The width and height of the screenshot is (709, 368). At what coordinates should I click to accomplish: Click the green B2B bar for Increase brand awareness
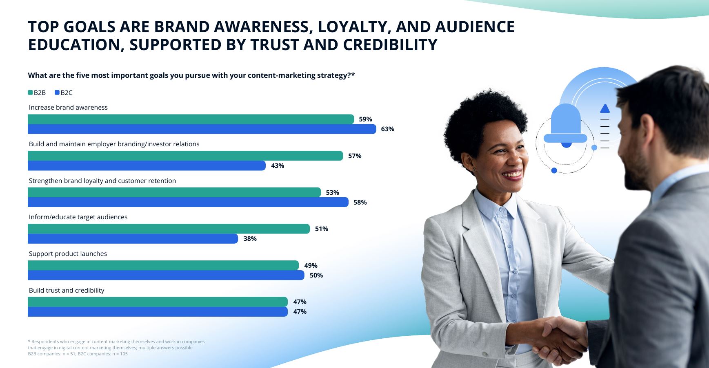pos(191,119)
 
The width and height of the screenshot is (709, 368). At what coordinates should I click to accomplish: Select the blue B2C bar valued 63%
pos(202,129)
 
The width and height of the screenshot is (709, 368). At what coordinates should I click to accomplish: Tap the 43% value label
pos(278,165)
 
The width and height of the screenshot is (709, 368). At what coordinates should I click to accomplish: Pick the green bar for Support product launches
pos(163,265)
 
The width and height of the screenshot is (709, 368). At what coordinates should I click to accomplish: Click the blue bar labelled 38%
pos(133,238)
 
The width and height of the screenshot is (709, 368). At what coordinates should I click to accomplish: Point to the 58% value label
pos(360,202)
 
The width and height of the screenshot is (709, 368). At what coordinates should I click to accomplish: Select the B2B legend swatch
pos(30,93)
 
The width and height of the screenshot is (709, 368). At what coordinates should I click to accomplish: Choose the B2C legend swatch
pos(57,93)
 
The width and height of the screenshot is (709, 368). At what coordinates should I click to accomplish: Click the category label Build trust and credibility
pos(67,290)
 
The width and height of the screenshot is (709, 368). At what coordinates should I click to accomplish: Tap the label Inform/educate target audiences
pos(78,217)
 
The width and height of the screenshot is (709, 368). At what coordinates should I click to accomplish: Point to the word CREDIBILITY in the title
pos(390,44)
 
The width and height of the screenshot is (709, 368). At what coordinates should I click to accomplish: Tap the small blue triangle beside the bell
pos(605,108)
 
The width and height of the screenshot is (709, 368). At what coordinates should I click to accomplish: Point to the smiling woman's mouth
pos(513,175)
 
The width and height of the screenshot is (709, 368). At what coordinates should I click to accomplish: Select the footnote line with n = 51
pos(78,354)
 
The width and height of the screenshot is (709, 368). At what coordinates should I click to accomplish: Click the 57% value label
pos(355,156)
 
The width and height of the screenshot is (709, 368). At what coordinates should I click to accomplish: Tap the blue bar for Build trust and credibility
pos(158,312)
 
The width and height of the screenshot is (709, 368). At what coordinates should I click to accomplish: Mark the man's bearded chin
pos(635,179)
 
